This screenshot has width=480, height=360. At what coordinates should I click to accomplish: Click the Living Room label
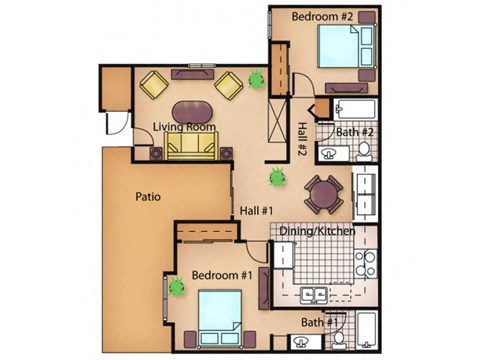[x=184, y=127]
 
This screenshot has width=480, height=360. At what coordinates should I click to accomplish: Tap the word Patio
[x=149, y=198]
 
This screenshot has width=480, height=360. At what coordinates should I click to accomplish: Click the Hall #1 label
[x=257, y=210]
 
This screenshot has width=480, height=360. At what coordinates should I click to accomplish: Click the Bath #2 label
[x=354, y=132]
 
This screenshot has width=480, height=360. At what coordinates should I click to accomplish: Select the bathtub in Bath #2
[x=356, y=110]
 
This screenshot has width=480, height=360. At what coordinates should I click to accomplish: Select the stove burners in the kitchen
[x=365, y=263]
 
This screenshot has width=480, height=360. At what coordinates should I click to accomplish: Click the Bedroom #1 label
[x=221, y=275]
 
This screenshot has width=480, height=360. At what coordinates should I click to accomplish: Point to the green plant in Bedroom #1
[x=178, y=287]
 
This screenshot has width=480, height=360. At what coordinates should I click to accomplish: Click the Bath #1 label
[x=323, y=322]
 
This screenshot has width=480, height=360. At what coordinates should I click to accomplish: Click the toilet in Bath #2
[x=364, y=151]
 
